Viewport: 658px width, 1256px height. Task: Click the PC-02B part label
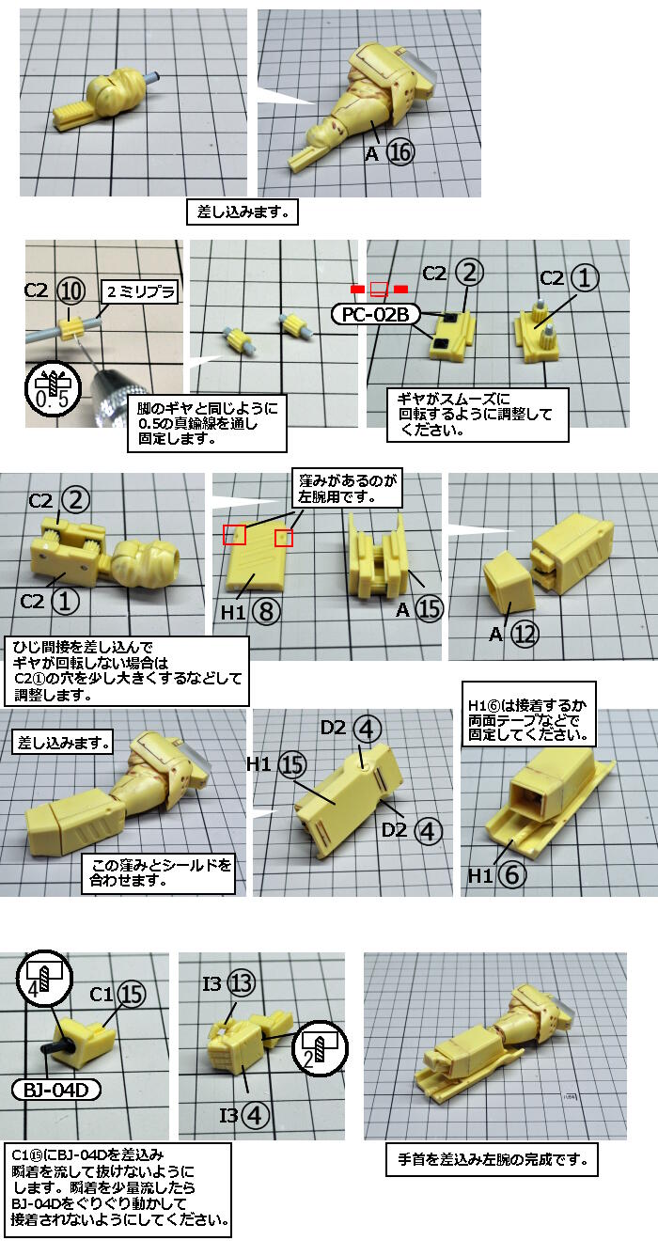coord(375,315)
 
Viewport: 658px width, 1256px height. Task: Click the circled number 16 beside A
coord(400,152)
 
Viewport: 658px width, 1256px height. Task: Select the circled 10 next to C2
coord(71,290)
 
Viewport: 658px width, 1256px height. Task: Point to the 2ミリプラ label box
coord(140,291)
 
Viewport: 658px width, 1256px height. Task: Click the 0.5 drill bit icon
coord(53,388)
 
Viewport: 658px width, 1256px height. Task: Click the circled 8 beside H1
coord(266,611)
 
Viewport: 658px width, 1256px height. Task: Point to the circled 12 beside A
coord(525,635)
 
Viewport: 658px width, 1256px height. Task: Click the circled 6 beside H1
coord(511,874)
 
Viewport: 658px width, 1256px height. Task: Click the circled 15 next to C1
coord(132,994)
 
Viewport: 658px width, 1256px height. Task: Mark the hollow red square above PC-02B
coord(379,289)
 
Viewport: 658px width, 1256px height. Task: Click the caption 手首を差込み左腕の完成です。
coord(492,1159)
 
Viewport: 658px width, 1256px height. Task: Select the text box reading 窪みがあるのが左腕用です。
coord(347,488)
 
